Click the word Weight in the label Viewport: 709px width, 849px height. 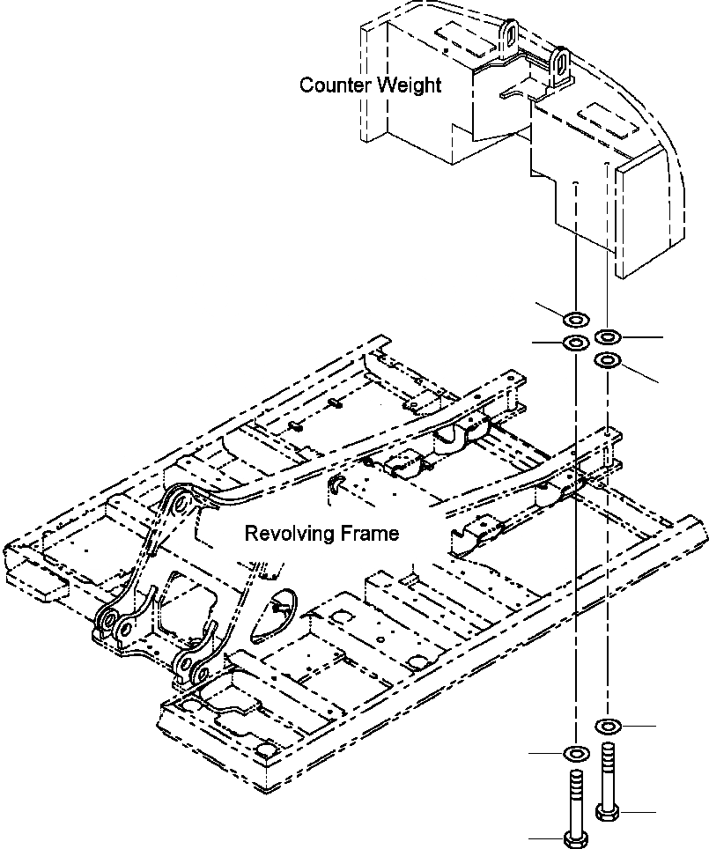coord(409,85)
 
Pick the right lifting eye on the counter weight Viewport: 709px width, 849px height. coord(558,62)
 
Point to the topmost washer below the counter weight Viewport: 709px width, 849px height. coord(575,319)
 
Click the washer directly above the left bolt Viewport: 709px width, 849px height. coord(575,754)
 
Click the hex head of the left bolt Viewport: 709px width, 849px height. coord(575,837)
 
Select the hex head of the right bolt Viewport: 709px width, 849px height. coord(608,809)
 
